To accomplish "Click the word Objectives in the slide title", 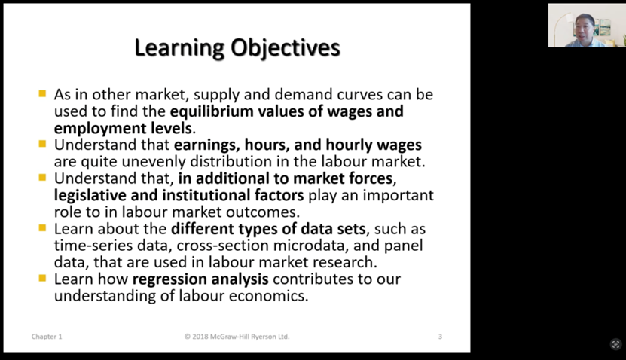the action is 285,48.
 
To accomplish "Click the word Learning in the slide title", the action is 179,48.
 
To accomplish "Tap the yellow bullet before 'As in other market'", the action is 42,94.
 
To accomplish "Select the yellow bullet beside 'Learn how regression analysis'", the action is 42,278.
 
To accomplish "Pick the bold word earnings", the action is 207,145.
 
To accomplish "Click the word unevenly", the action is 154,162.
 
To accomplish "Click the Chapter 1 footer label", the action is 47,337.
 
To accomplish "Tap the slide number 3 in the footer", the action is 440,337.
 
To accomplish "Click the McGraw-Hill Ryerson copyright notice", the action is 237,337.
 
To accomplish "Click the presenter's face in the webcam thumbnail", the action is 583,27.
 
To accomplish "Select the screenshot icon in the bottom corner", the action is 615,344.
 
